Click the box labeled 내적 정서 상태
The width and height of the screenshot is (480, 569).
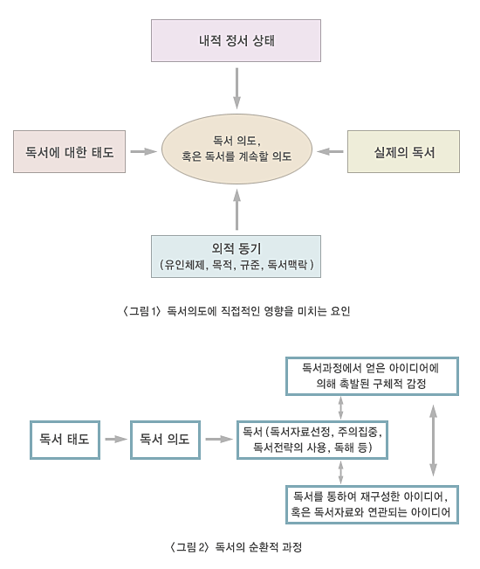coord(236,40)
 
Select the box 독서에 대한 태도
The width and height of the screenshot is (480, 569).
coord(69,152)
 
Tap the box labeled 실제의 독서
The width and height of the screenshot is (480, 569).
coord(403,152)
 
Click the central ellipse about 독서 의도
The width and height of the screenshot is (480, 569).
coord(237,149)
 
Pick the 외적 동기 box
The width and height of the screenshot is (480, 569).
coord(236,257)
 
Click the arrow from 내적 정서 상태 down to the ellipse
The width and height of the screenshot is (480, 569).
coord(237,88)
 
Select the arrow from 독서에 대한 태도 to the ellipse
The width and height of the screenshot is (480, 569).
coord(143,151)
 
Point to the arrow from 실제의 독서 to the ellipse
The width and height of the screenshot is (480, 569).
coord(330,151)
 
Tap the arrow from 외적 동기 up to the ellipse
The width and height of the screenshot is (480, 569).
coord(237,210)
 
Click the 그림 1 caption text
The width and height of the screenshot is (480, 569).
coord(237,311)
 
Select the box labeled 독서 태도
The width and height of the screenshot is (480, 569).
coord(65,440)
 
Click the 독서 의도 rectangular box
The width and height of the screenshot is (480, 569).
coord(165,440)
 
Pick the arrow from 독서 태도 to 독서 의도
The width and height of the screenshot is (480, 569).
coord(116,440)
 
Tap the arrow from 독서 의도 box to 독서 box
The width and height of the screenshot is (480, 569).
coord(219,440)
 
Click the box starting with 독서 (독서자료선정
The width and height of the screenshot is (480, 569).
coord(312,440)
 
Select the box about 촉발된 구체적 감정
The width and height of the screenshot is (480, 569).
coord(372,376)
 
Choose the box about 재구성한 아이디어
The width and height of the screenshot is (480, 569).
coord(372,504)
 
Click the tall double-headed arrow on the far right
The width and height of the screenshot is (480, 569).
coord(433,441)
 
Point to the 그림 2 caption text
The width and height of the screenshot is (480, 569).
coord(236,547)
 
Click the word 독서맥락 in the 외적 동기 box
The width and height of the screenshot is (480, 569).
coord(287,265)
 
